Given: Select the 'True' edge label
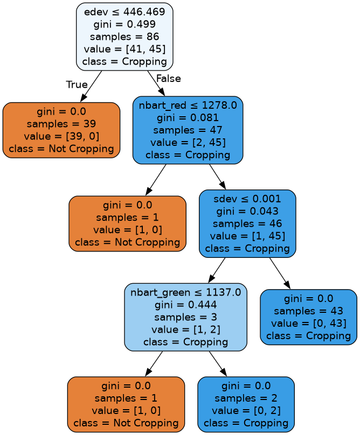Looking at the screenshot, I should click(77, 85).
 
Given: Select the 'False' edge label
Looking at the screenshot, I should click(168, 79).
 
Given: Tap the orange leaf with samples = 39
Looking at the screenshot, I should click(61, 130).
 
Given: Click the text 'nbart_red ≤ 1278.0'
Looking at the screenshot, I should click(188, 106).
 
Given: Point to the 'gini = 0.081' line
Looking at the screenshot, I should click(188, 118).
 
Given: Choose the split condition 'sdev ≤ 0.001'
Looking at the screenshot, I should click(247, 199).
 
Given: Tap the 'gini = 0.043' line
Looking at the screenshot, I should click(247, 212).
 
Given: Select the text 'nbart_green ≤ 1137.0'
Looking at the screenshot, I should click(185, 293).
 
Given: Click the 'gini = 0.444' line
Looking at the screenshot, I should click(185, 305).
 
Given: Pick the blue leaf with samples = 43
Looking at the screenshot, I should click(308, 317).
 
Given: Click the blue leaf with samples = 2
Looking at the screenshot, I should click(246, 404).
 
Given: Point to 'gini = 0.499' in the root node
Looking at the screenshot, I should click(124, 25).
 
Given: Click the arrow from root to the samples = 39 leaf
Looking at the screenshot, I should click(92, 86).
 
